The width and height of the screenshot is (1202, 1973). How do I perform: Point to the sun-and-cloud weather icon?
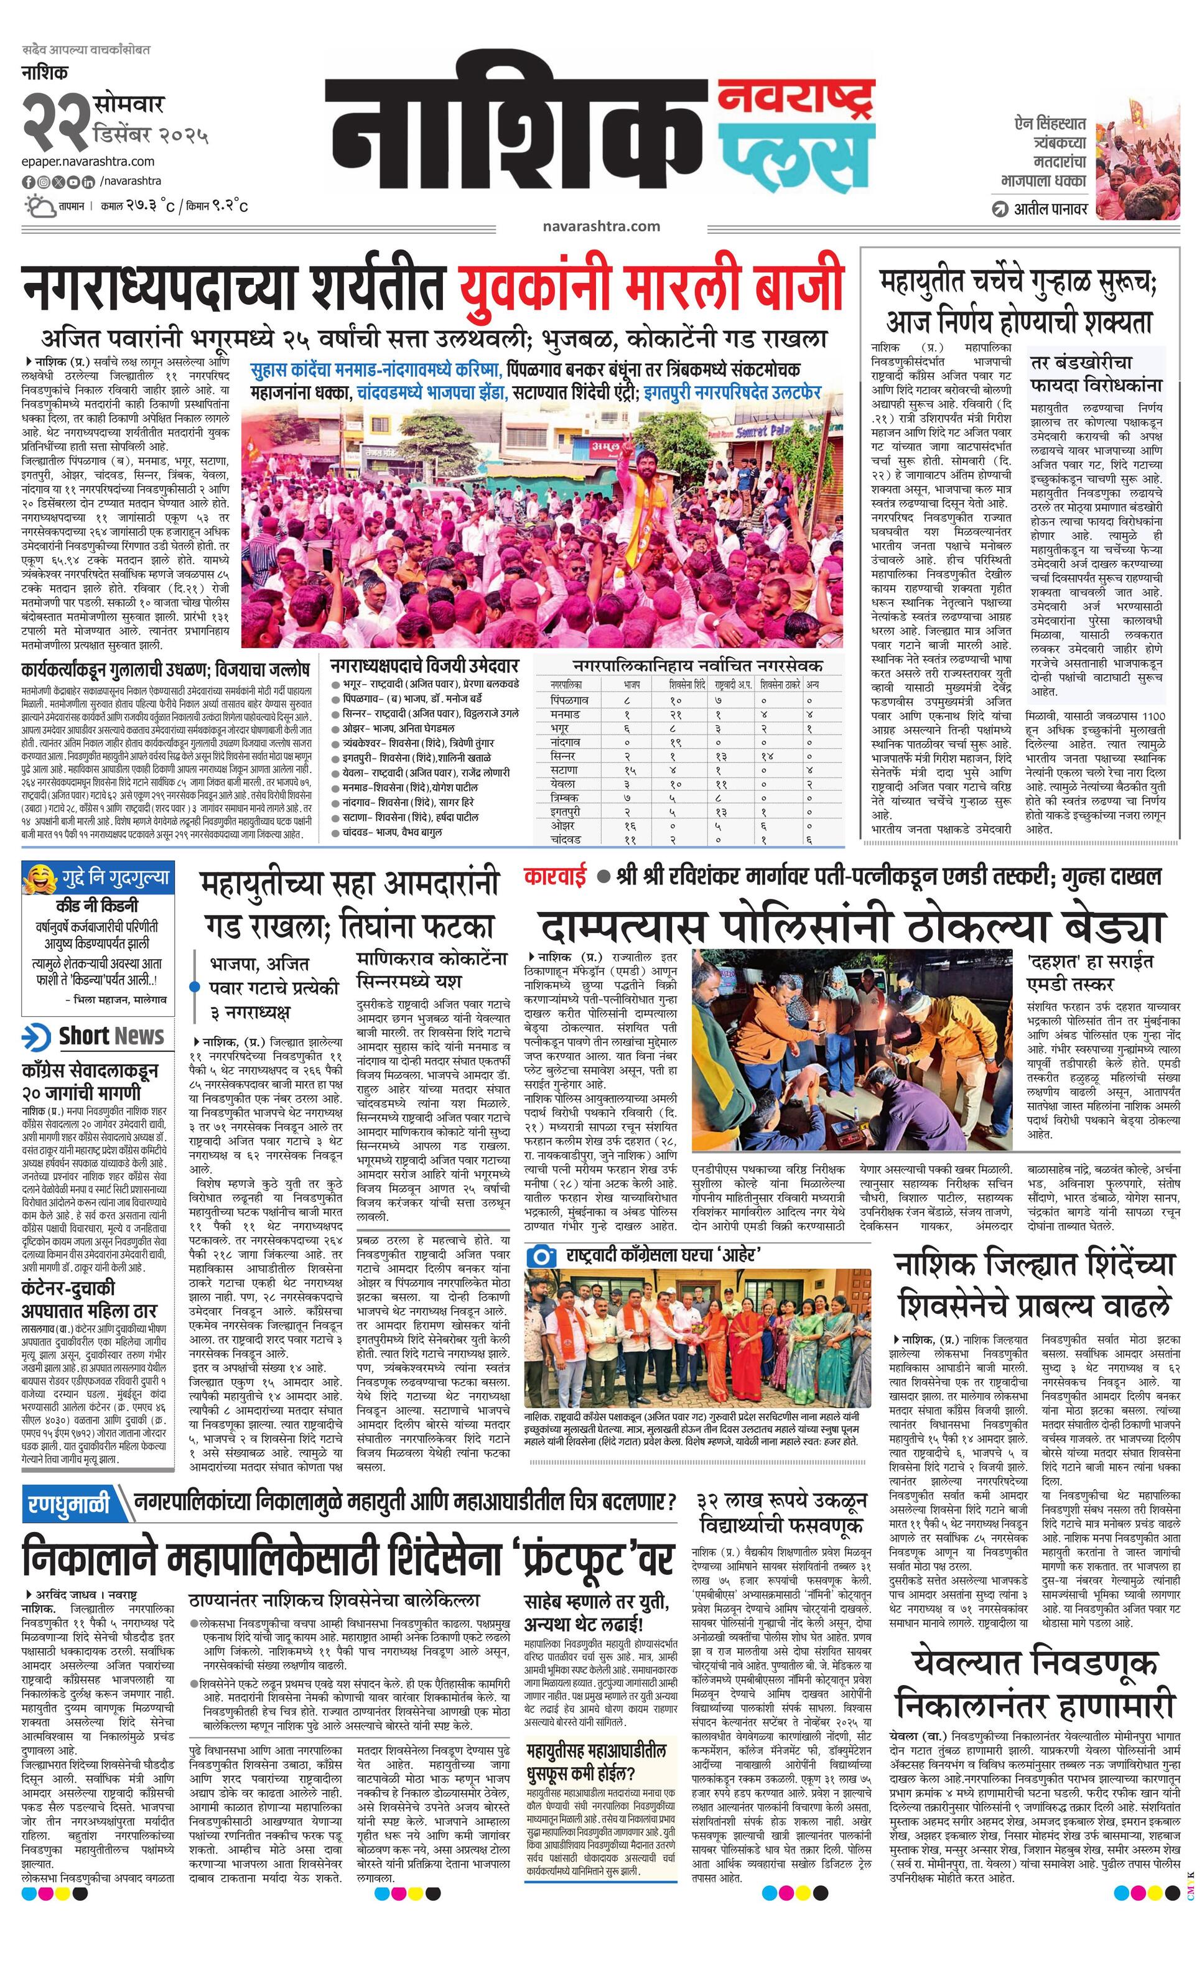coord(39,206)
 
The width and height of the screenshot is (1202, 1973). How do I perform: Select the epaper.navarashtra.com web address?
coord(88,161)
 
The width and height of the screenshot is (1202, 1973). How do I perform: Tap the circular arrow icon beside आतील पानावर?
coord(999,209)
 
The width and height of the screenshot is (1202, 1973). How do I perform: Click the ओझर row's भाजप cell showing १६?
coord(630,825)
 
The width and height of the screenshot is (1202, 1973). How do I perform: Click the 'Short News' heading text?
coord(111,1036)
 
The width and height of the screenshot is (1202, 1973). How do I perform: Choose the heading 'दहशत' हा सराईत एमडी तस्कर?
coord(1089,972)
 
